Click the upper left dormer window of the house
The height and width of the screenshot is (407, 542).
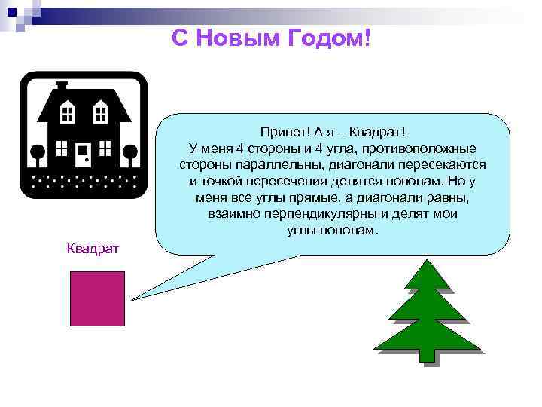67,113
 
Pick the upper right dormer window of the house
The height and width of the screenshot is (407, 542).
99,113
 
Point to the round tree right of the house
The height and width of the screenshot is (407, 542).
130,151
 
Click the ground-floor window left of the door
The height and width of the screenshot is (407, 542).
60,151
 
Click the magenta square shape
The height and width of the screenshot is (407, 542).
97,298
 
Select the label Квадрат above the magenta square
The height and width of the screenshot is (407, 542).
88,249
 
